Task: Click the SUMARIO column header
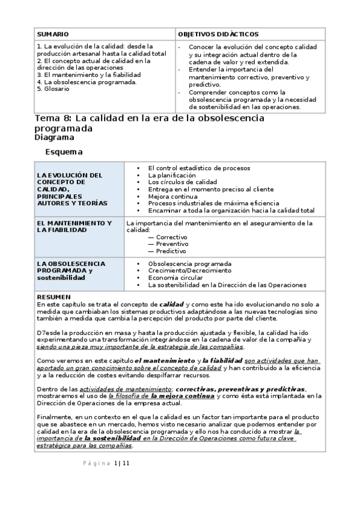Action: pyautogui.click(x=53, y=35)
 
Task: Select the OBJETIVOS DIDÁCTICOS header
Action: pyautogui.click(x=213, y=35)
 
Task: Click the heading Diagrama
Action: pyautogui.click(x=55, y=137)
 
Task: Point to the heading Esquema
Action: pyautogui.click(x=64, y=152)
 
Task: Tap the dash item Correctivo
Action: pyautogui.click(x=171, y=237)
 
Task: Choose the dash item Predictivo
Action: pyautogui.click(x=171, y=251)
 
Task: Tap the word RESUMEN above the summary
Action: pyautogui.click(x=53, y=297)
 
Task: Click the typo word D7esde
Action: pyautogui.click(x=47, y=333)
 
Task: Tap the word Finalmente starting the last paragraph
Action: pyautogui.click(x=53, y=417)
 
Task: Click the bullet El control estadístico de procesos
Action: pyautogui.click(x=199, y=168)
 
